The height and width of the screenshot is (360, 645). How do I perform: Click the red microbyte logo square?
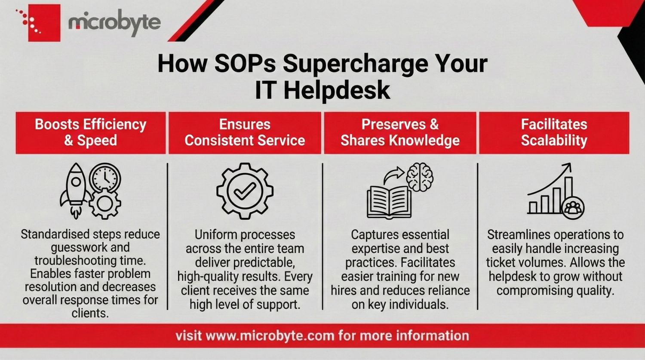(x=44, y=23)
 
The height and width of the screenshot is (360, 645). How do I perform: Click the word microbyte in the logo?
(x=114, y=23)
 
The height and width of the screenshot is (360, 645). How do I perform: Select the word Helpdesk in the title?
(x=336, y=90)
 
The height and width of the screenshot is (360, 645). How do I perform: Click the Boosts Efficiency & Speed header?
(x=90, y=132)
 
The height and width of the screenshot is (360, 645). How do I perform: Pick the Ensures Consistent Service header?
(x=245, y=132)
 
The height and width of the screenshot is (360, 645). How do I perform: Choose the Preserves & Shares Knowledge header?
(x=400, y=132)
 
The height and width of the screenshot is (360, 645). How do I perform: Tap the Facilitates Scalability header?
(x=554, y=132)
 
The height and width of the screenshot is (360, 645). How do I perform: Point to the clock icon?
(x=105, y=177)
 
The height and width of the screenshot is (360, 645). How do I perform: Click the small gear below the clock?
(x=104, y=203)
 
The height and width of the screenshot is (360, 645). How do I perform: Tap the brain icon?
(x=420, y=176)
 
